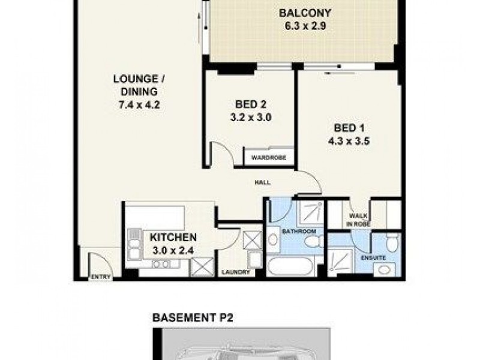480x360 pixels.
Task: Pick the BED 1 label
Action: pyautogui.click(x=350, y=128)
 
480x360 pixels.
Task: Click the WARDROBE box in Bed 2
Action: pyautogui.click(x=268, y=158)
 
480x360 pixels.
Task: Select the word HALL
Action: pyautogui.click(x=262, y=182)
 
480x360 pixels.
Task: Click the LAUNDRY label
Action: pyautogui.click(x=235, y=272)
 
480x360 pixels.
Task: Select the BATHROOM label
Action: pyautogui.click(x=300, y=231)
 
